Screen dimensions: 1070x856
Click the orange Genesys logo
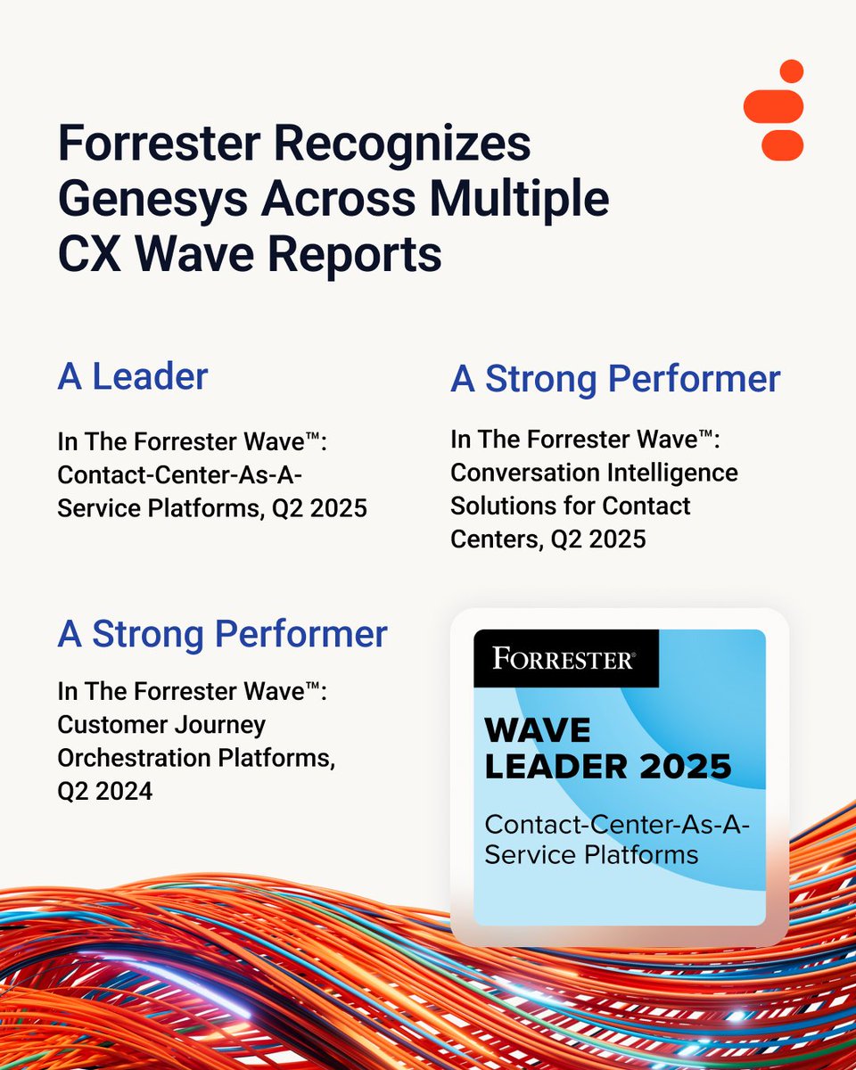[x=773, y=110]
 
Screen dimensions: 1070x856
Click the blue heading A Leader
[x=133, y=376]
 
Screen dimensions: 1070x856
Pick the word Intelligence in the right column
[x=663, y=473]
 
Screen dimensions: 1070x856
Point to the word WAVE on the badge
[x=537, y=731]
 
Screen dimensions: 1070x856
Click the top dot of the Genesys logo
[x=791, y=71]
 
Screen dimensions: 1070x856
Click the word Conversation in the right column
[x=523, y=473]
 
